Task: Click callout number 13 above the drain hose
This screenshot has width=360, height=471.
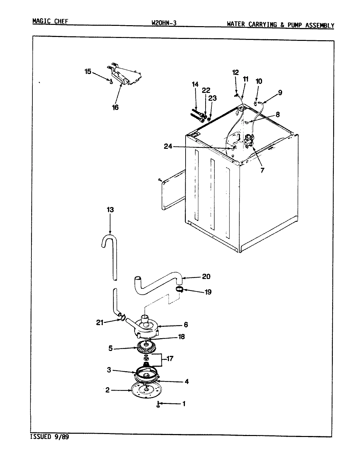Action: (x=110, y=210)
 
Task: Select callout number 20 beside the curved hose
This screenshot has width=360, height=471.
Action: (x=206, y=277)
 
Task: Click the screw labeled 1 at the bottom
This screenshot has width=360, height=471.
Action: (x=158, y=404)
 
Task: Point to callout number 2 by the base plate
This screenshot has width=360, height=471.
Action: (x=107, y=390)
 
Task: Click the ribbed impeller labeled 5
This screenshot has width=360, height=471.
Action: (x=145, y=348)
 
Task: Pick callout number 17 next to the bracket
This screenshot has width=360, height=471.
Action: (x=170, y=359)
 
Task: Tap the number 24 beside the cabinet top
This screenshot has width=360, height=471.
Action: (x=168, y=147)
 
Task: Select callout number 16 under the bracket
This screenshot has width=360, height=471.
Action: (x=115, y=107)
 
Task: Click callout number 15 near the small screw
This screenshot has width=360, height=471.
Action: (x=88, y=72)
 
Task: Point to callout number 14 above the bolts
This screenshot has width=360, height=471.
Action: (x=195, y=84)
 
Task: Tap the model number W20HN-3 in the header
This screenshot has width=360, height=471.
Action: (x=164, y=23)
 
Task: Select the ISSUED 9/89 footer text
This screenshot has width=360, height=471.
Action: (x=50, y=437)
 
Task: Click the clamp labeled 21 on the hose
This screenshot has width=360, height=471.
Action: (x=122, y=317)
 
